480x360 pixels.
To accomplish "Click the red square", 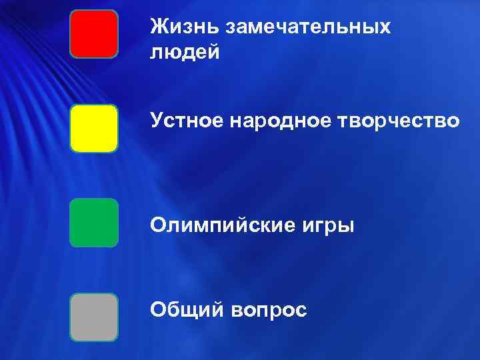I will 94,33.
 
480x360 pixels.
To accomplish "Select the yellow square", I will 94,128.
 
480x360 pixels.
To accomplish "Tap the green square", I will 94,223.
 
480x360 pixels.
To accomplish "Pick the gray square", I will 94,317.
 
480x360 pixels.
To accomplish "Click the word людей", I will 185,52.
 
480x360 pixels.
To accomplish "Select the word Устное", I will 186,121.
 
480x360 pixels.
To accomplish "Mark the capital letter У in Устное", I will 157,121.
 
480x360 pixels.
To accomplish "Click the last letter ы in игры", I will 347,227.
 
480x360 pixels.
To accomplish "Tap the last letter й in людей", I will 213,52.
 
